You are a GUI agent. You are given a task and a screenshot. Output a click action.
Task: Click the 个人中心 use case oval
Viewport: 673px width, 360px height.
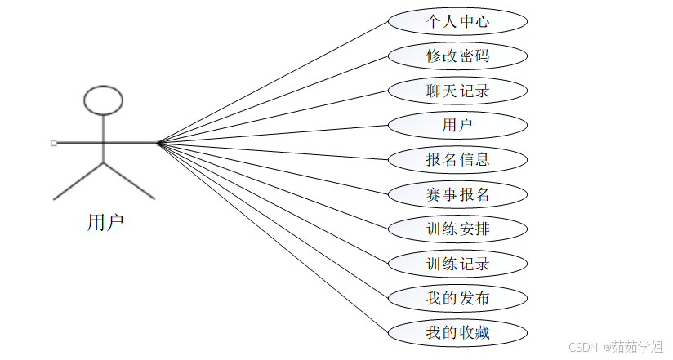[x=457, y=21]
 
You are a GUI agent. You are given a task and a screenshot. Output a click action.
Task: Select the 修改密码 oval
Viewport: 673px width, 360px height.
[x=457, y=56]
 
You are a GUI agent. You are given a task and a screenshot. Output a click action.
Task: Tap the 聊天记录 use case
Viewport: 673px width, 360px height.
[x=457, y=91]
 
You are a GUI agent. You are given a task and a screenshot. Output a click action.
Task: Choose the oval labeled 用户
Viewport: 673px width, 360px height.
[x=457, y=125]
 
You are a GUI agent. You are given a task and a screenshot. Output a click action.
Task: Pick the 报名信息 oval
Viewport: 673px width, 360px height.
[x=457, y=159]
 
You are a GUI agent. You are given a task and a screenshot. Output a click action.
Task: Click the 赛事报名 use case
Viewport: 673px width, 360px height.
[x=457, y=194]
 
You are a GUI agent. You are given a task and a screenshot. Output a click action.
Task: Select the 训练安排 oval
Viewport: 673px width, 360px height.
[x=457, y=229]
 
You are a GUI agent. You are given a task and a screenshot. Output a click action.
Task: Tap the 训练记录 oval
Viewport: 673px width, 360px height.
[x=457, y=264]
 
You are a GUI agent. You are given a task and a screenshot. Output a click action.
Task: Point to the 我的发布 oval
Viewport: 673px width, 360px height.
[x=457, y=298]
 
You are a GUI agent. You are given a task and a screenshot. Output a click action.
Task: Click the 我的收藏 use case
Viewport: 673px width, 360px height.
[x=457, y=332]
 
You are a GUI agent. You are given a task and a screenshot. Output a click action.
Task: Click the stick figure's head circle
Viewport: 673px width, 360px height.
[x=104, y=99]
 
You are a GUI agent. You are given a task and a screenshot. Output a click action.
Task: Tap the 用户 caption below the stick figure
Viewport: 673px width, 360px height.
[x=105, y=222]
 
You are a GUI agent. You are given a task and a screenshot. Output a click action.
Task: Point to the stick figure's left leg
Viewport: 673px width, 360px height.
[x=78, y=181]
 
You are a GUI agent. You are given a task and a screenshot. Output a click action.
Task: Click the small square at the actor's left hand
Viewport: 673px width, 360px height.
[x=54, y=143]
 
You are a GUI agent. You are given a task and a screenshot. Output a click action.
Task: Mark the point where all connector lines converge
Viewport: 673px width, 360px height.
[x=158, y=143]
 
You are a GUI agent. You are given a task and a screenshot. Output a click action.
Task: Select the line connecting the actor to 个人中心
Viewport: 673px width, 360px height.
[x=274, y=82]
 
